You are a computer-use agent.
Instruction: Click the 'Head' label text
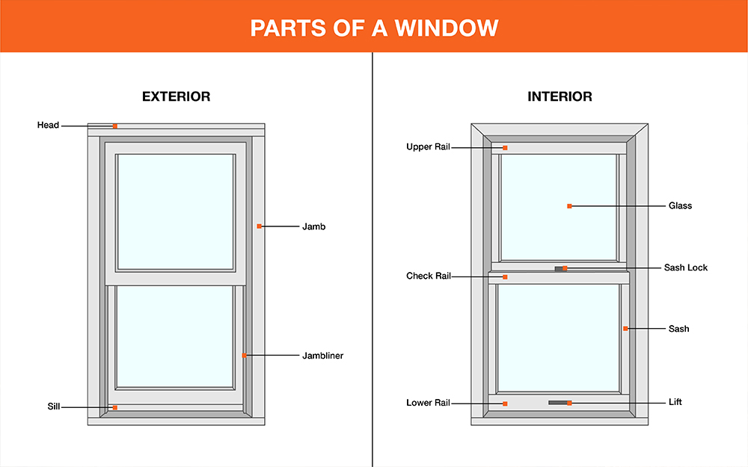pyautogui.click(x=48, y=126)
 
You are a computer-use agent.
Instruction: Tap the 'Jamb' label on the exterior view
pyautogui.click(x=314, y=226)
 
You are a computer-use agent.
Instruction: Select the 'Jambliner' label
pyautogui.click(x=323, y=356)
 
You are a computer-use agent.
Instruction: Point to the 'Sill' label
pyautogui.click(x=53, y=406)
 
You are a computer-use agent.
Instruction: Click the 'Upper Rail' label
pyautogui.click(x=428, y=146)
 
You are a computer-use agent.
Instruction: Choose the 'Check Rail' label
pyautogui.click(x=429, y=276)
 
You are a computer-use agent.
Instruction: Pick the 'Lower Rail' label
pyautogui.click(x=428, y=403)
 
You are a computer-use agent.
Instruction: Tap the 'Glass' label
pyautogui.click(x=680, y=206)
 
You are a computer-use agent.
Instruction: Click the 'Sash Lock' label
pyautogui.click(x=686, y=267)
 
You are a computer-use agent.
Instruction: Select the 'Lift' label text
pyautogui.click(x=675, y=402)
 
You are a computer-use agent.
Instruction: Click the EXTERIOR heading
pyautogui.click(x=176, y=96)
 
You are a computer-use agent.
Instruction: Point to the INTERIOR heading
pyautogui.click(x=560, y=96)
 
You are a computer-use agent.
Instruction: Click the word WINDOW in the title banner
pyautogui.click(x=447, y=28)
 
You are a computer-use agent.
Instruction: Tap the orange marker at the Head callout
pyautogui.click(x=115, y=126)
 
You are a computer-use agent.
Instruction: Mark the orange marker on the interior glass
pyautogui.click(x=569, y=206)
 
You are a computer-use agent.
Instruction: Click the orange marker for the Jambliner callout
pyautogui.click(x=244, y=356)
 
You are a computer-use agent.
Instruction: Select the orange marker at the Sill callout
pyautogui.click(x=115, y=407)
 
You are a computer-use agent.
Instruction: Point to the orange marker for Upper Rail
pyautogui.click(x=505, y=148)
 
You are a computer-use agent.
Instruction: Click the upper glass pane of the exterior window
pyautogui.click(x=176, y=212)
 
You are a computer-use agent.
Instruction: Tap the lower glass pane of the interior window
pyautogui.click(x=558, y=338)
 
